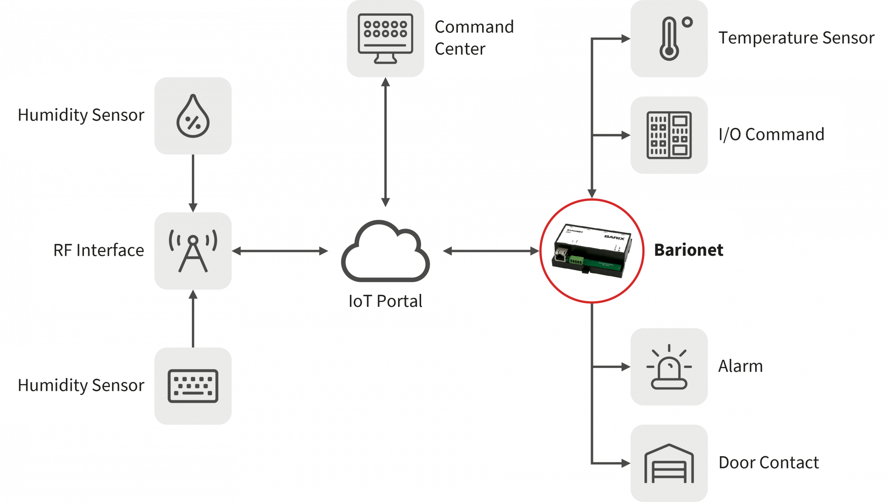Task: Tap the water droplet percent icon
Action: tap(193, 116)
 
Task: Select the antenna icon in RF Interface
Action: tap(193, 251)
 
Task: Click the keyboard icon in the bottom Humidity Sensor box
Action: tap(193, 386)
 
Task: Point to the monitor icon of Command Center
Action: tap(385, 39)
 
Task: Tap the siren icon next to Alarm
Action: tap(669, 367)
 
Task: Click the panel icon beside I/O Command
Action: tap(669, 135)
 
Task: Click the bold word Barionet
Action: tap(688, 250)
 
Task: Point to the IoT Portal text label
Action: tap(385, 301)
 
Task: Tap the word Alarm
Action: tap(740, 366)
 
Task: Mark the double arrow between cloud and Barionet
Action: tap(491, 251)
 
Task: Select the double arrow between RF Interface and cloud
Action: tap(280, 251)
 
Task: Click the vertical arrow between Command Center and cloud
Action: tap(385, 142)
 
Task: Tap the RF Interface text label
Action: tap(99, 250)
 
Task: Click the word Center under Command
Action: tap(460, 49)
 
